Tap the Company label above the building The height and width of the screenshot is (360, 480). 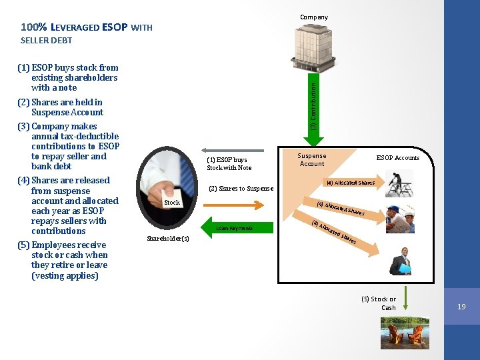tap(313, 17)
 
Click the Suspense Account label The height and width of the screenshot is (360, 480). tap(312, 160)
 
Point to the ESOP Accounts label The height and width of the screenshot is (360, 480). tap(397, 157)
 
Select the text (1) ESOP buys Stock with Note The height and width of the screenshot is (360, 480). tap(229, 164)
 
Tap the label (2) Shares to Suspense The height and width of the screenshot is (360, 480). tap(241, 189)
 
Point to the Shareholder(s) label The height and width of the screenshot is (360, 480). tap(167, 238)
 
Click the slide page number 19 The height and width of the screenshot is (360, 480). tap(461, 307)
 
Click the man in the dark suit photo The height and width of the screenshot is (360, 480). tap(405, 261)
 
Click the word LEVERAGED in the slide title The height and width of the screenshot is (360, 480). tap(76, 27)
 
